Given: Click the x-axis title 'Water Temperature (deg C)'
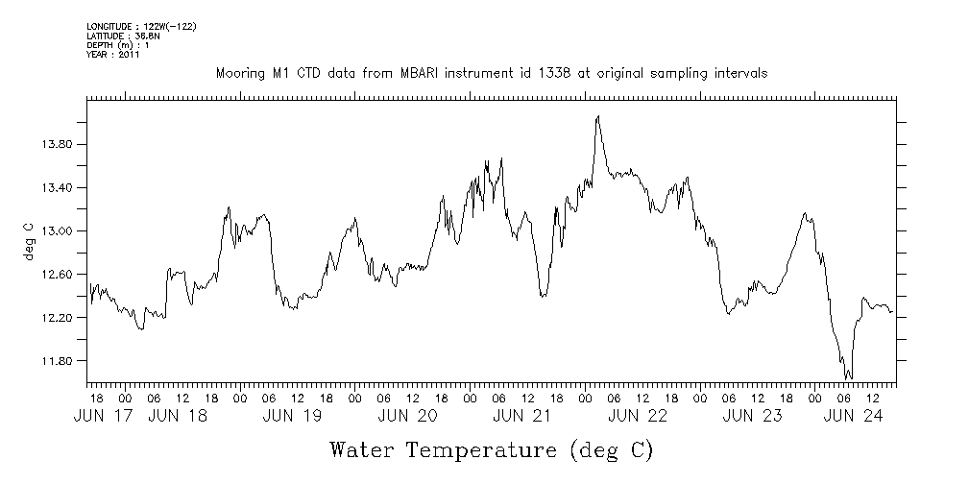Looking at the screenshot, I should (x=491, y=449).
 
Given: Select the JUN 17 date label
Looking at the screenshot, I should (x=105, y=416).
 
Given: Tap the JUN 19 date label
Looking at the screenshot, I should (x=294, y=416).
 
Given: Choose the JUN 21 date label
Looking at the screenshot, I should (x=522, y=416).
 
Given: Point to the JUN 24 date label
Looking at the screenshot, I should (x=853, y=416).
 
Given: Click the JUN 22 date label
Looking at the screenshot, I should (x=638, y=416).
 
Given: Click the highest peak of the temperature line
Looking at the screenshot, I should (x=597, y=116).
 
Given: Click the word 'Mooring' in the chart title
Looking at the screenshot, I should (x=238, y=74).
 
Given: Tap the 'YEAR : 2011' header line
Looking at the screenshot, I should (x=113, y=55).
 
